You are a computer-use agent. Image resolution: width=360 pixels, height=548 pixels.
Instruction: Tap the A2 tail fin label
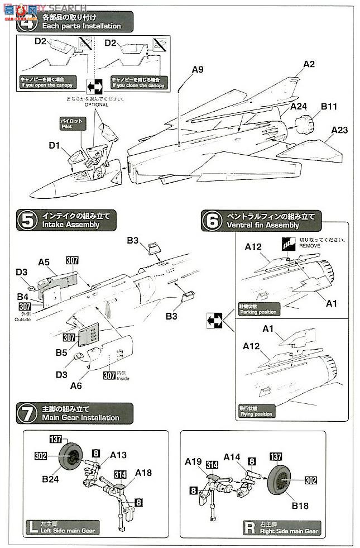309,64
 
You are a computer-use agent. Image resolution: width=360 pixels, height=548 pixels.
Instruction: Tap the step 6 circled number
212,221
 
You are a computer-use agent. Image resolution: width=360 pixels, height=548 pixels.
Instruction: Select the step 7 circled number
27,413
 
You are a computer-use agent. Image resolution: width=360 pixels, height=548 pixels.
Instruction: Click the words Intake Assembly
70,225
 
